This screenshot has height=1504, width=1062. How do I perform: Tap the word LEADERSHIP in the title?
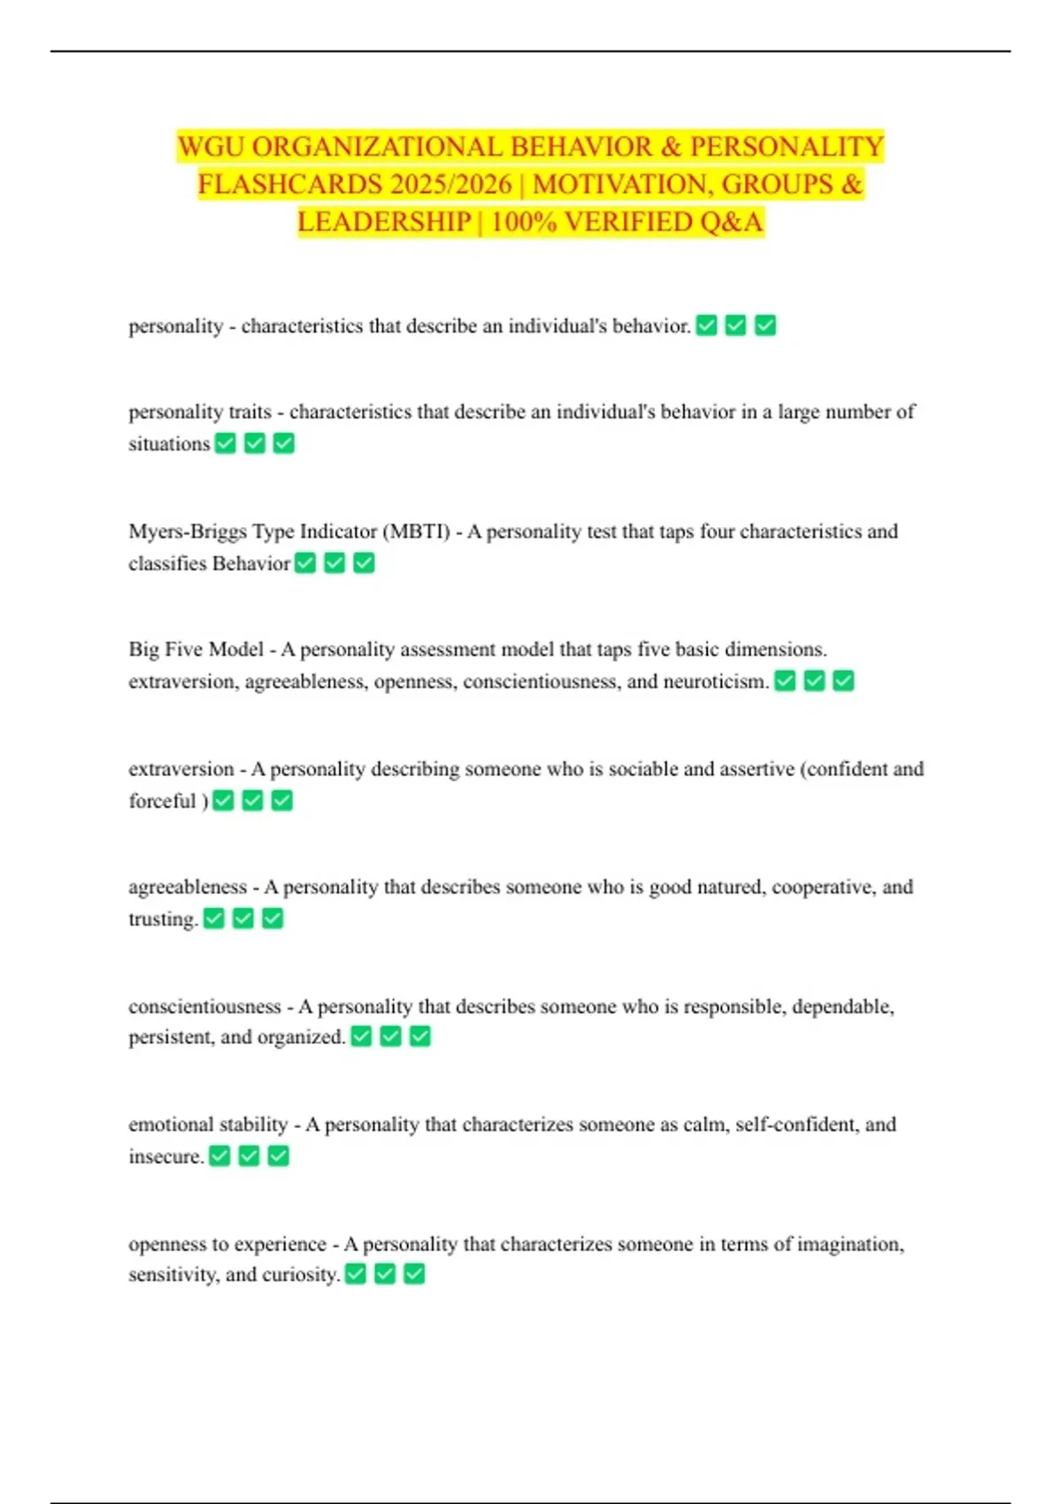[x=384, y=221]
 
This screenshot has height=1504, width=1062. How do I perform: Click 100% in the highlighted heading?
[x=523, y=221]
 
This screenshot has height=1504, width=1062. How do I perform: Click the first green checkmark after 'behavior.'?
[x=706, y=326]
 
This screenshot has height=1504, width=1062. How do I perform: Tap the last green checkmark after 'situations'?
[x=283, y=443]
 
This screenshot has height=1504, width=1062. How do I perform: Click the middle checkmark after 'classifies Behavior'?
[x=335, y=563]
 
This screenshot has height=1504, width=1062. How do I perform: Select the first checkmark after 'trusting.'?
[x=214, y=918]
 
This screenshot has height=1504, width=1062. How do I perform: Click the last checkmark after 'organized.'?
[x=419, y=1036]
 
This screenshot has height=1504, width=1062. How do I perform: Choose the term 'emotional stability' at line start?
[x=208, y=1124]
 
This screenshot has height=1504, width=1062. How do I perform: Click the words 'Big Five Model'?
[x=196, y=649]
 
